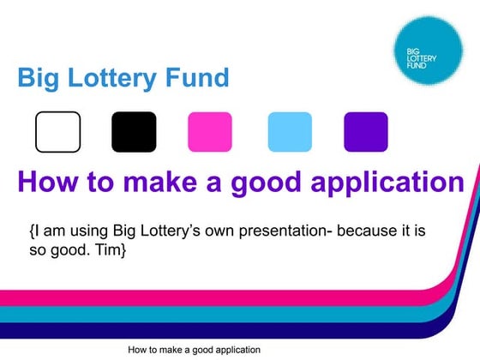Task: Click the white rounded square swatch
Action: (57, 132)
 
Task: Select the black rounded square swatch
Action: (134, 132)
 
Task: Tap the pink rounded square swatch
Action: (210, 132)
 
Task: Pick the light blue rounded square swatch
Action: (290, 132)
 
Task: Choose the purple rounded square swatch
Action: (365, 132)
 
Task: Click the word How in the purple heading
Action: (47, 183)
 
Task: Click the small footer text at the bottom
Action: (194, 350)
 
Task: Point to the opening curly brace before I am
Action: (32, 231)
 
